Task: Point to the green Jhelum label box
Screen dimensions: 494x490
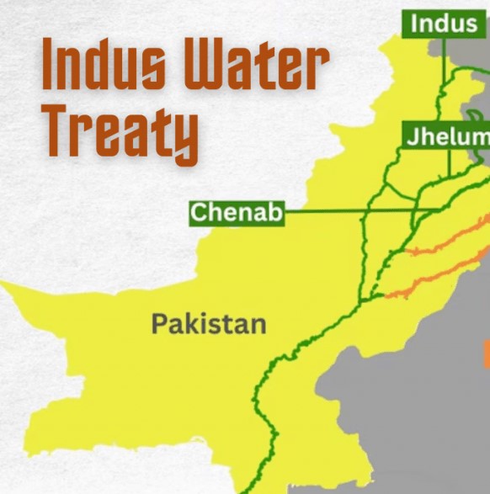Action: pos(446,136)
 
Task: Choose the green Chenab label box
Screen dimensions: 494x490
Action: pos(236,213)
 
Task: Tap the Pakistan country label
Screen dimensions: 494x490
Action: pos(209,324)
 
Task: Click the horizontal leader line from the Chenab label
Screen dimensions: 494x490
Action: pos(337,213)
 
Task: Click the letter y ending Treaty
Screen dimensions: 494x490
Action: pos(185,140)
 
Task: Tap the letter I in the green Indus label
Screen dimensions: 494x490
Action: pos(413,23)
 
